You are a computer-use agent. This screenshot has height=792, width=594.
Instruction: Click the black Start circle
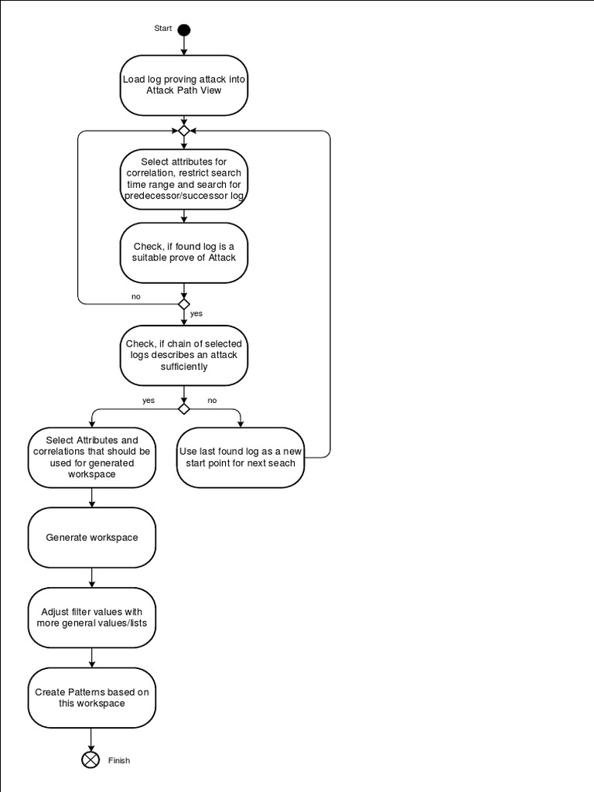point(183,30)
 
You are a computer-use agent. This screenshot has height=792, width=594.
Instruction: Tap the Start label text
point(163,29)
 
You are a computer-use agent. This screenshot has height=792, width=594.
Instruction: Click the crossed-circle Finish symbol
point(91,760)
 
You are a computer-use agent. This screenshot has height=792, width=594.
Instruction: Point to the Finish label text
point(119,760)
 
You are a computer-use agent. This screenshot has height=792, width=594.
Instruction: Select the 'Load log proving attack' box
point(183,84)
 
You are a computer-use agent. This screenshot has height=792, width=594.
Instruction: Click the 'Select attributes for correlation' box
point(183,179)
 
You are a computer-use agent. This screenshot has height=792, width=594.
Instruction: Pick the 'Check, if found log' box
point(183,252)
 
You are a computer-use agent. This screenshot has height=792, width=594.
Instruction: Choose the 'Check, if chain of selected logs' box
point(183,355)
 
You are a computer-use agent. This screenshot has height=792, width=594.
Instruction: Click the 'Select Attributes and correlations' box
point(91,458)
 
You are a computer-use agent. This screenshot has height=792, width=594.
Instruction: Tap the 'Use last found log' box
point(240,458)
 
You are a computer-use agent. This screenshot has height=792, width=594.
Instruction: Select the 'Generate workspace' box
point(91,538)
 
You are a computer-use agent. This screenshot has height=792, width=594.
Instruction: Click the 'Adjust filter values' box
point(91,617)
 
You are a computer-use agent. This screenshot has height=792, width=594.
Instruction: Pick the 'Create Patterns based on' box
point(91,698)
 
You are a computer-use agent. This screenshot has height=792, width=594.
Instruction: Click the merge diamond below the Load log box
point(183,131)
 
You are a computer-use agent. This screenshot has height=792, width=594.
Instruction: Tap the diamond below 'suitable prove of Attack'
point(183,304)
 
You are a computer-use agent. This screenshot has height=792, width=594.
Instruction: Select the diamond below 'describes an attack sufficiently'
point(183,408)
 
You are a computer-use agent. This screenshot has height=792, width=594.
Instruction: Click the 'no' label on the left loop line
point(136,296)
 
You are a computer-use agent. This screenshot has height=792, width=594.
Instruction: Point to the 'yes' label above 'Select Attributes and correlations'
point(148,401)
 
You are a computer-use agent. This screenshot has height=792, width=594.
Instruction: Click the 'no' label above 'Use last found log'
point(212,401)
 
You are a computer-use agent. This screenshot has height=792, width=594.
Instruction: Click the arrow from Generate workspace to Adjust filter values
point(91,577)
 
